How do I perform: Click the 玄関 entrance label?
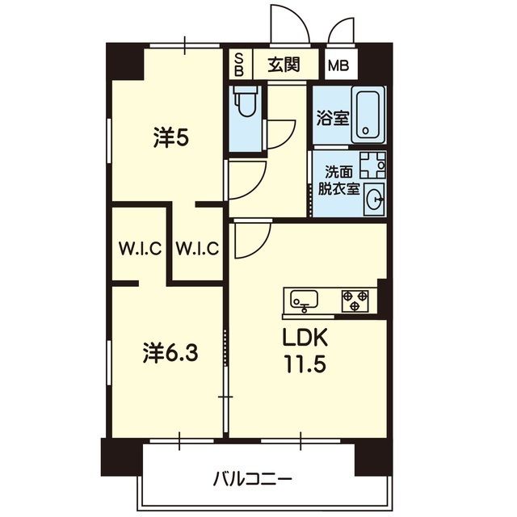point(284,65)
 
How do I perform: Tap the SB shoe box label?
point(239,65)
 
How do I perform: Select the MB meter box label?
point(338,66)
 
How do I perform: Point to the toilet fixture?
point(247,101)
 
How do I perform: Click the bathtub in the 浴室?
point(368,115)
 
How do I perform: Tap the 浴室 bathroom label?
point(333,118)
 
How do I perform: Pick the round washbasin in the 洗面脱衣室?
point(376,199)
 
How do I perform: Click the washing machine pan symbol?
point(372,164)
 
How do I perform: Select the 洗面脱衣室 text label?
point(338,180)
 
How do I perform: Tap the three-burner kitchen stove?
point(355,301)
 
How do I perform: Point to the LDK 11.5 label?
point(305,351)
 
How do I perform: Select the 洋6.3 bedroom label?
point(170,352)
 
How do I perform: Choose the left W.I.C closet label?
point(140,248)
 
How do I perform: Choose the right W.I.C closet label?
point(197,248)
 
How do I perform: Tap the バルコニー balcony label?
point(252,479)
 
